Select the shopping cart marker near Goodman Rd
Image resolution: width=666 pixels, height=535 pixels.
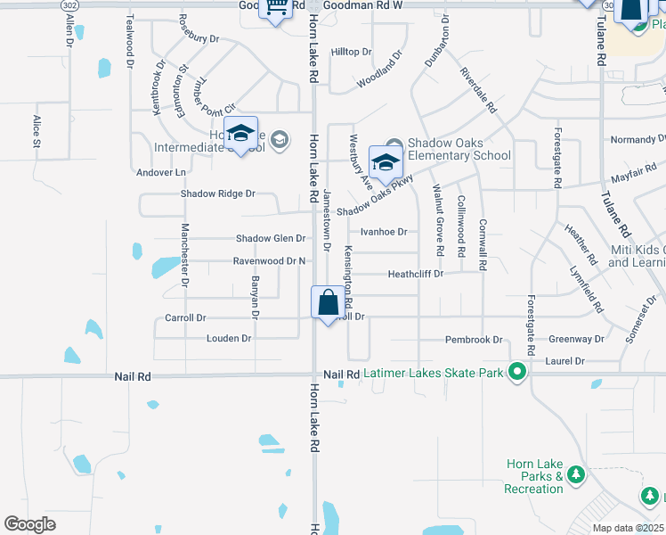tap(276, 9)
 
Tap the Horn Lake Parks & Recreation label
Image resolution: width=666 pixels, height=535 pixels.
tap(533, 476)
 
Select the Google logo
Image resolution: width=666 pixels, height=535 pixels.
tap(30, 523)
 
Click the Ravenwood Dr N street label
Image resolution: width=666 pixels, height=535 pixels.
tap(270, 261)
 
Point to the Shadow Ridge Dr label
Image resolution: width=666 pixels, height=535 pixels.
tap(218, 193)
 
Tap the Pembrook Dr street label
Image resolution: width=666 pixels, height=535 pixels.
tap(475, 340)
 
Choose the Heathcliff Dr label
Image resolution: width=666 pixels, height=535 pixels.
tap(415, 274)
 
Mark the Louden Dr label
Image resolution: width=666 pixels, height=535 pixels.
tap(229, 339)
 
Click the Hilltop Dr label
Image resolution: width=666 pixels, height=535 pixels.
tap(351, 52)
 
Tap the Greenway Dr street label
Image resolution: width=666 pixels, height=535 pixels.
tap(576, 339)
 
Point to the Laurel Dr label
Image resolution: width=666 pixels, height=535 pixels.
tap(566, 361)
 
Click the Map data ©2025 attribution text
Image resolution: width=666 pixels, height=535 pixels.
tap(628, 528)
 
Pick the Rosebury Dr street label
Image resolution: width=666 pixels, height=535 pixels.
tap(199, 39)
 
